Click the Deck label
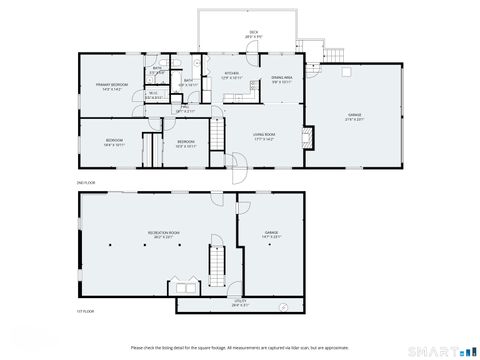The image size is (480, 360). click(x=252, y=34)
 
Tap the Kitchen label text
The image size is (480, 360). click(x=231, y=74)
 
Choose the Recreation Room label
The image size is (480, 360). click(x=163, y=234)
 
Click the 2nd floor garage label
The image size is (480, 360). click(x=354, y=117)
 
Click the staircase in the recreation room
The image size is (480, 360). click(x=214, y=262)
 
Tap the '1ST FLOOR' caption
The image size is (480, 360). click(x=86, y=313)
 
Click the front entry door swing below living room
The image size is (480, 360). click(x=235, y=163)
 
